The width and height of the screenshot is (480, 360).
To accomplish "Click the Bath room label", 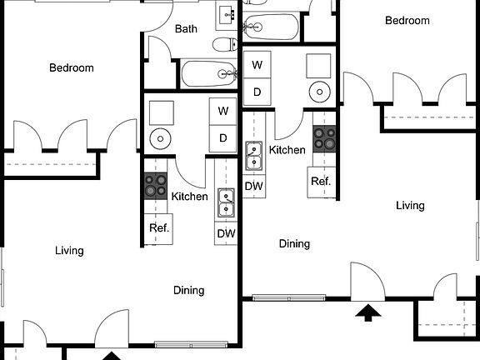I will click(x=187, y=29).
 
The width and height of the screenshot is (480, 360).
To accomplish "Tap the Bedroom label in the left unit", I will click(x=71, y=68).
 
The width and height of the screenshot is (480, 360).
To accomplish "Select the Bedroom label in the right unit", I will click(x=407, y=21).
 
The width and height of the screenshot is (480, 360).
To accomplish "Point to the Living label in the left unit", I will click(x=69, y=250).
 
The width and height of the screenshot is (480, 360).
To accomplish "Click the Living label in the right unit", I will click(x=410, y=205).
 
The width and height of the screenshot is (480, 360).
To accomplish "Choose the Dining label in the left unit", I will click(x=189, y=290).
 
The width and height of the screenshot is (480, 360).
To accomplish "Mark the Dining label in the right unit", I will click(x=294, y=244).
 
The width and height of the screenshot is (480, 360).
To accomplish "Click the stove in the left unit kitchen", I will click(x=156, y=184).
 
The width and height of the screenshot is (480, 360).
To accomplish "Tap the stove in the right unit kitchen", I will click(x=324, y=137).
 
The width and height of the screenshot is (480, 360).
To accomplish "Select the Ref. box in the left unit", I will click(x=158, y=228).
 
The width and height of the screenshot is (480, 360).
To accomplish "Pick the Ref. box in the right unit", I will click(x=321, y=181).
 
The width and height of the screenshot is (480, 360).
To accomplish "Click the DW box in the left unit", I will click(x=226, y=233).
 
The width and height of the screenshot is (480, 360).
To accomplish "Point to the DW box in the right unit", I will click(x=254, y=187).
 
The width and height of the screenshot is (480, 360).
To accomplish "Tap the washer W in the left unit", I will click(x=223, y=111).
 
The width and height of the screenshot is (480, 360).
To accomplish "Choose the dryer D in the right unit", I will click(x=257, y=92).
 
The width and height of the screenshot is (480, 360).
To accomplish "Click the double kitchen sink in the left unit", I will click(x=226, y=202).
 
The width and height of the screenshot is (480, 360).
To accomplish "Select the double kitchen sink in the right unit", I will click(x=254, y=155).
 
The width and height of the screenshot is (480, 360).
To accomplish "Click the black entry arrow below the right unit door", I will click(x=367, y=313).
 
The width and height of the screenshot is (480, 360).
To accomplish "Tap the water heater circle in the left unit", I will click(x=160, y=137).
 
